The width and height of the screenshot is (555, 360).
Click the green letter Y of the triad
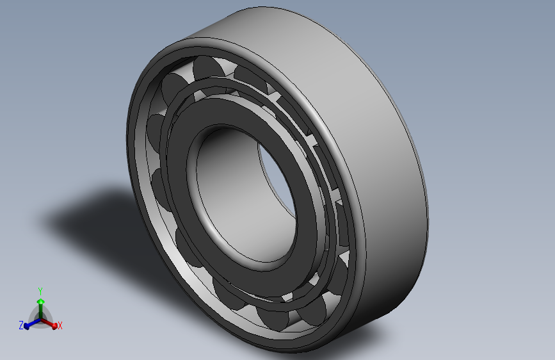40,291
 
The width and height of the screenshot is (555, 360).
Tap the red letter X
60,325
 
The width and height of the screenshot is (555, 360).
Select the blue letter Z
21,325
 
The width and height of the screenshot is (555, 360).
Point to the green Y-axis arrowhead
41,302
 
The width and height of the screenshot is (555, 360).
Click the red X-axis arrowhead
54,325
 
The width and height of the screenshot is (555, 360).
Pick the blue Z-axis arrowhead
26,325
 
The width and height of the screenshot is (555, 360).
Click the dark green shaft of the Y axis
41,311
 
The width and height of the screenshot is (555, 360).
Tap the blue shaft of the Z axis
35,322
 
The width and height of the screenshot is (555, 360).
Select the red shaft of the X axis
47,322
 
